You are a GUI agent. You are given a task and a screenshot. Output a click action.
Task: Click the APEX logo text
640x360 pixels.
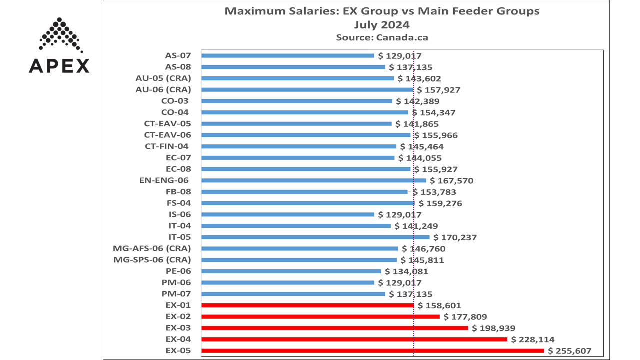(59, 66)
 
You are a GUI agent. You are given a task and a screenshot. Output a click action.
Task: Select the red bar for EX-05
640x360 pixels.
(372, 351)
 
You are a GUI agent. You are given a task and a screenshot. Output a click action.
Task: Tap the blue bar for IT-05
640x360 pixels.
(315, 237)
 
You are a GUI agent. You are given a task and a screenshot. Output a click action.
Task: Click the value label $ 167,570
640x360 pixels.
(452, 181)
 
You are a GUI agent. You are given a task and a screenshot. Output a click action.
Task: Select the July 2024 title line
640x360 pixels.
(382, 24)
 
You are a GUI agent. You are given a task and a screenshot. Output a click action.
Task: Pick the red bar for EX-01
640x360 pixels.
(307, 305)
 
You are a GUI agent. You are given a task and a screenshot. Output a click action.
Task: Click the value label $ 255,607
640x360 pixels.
(570, 351)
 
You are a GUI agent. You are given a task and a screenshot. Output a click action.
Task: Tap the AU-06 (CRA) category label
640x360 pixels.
(163, 90)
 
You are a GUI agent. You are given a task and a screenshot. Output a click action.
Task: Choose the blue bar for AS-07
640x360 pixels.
(287, 56)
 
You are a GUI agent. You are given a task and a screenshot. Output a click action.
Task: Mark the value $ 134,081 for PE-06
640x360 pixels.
(407, 271)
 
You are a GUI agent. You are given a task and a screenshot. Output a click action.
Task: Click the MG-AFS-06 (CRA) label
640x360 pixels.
(152, 248)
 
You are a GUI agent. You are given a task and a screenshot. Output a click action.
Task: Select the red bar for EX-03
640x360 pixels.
(335, 328)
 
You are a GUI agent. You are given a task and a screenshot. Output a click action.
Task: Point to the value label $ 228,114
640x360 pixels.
(533, 339)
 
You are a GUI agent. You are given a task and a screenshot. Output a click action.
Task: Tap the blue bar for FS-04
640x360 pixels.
(308, 203)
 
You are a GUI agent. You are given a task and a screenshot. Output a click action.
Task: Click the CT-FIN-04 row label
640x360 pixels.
(167, 146)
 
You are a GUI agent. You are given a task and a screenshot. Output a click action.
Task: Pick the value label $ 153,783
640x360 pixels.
(434, 192)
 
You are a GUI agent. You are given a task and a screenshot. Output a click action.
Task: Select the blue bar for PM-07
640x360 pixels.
(293, 294)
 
